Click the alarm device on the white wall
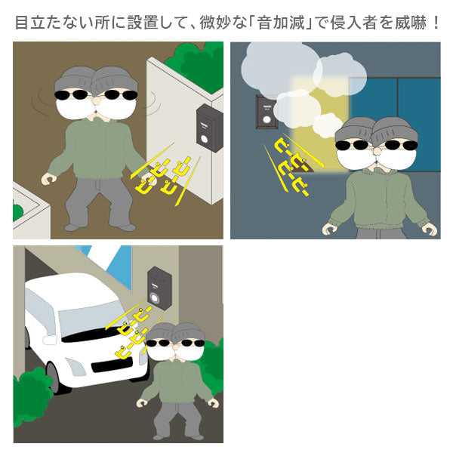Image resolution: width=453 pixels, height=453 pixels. pyautogui.click(x=209, y=128)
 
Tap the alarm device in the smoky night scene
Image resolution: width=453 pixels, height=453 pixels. pyautogui.click(x=266, y=112)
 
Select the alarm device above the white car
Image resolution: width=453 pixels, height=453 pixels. pyautogui.click(x=159, y=288)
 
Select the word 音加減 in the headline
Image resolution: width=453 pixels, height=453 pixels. pyautogui.click(x=281, y=22)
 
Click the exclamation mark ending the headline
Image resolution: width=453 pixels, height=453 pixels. pyautogui.click(x=436, y=22)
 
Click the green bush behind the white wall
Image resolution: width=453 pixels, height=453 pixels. pyautogui.click(x=196, y=66)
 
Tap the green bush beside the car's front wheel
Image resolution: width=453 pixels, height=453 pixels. pyautogui.click(x=32, y=396)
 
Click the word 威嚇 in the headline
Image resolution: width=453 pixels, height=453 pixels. pyautogui.click(x=411, y=22)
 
